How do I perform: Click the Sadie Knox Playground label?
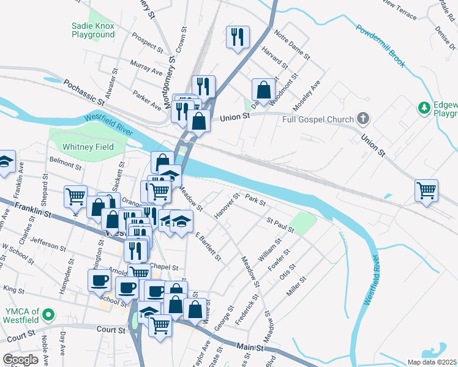point(93,30)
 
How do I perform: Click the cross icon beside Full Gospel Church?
point(364,119)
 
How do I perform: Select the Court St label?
point(111,329)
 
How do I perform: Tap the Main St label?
point(253,347)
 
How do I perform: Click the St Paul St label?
point(280,224)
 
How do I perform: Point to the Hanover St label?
point(227,206)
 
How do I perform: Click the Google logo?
point(21,360)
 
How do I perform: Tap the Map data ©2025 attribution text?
point(432,362)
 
